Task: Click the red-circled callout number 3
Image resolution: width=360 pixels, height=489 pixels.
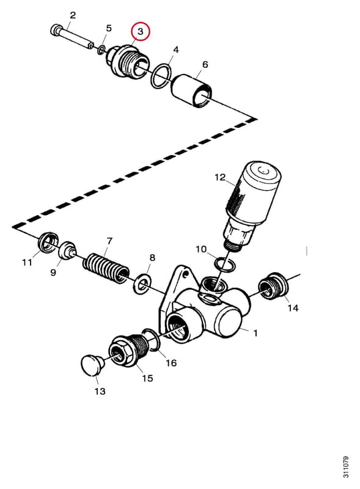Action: pyautogui.click(x=141, y=32)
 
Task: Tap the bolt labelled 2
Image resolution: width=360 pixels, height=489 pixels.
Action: pyautogui.click(x=72, y=37)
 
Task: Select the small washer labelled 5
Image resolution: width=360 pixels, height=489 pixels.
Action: pyautogui.click(x=101, y=50)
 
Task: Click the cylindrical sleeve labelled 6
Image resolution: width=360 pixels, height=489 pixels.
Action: pyautogui.click(x=193, y=90)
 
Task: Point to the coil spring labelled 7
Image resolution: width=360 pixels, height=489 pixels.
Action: pyautogui.click(x=106, y=268)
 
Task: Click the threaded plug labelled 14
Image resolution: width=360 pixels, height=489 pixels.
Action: pyautogui.click(x=272, y=285)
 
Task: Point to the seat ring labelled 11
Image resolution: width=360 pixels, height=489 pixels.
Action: pyautogui.click(x=49, y=242)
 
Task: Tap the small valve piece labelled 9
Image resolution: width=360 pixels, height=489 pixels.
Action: pyautogui.click(x=68, y=250)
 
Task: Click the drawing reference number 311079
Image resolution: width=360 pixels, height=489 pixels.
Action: pyautogui.click(x=345, y=467)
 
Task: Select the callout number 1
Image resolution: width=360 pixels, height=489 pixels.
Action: pyautogui.click(x=255, y=333)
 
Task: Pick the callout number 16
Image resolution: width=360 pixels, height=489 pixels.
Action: pyautogui.click(x=171, y=362)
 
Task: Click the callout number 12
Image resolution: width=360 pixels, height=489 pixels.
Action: pyautogui.click(x=220, y=177)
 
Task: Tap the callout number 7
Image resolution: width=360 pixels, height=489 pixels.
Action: pyautogui.click(x=109, y=241)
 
